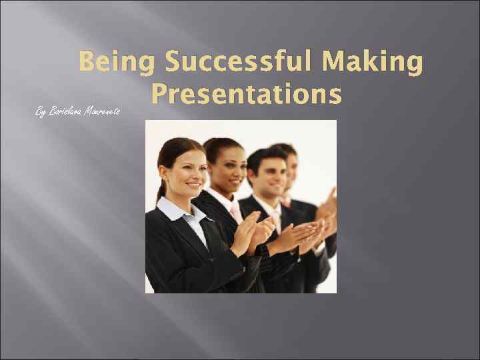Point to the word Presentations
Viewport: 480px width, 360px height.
point(247,94)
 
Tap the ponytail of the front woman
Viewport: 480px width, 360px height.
point(161,190)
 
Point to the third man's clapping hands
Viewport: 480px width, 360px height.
point(300,233)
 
